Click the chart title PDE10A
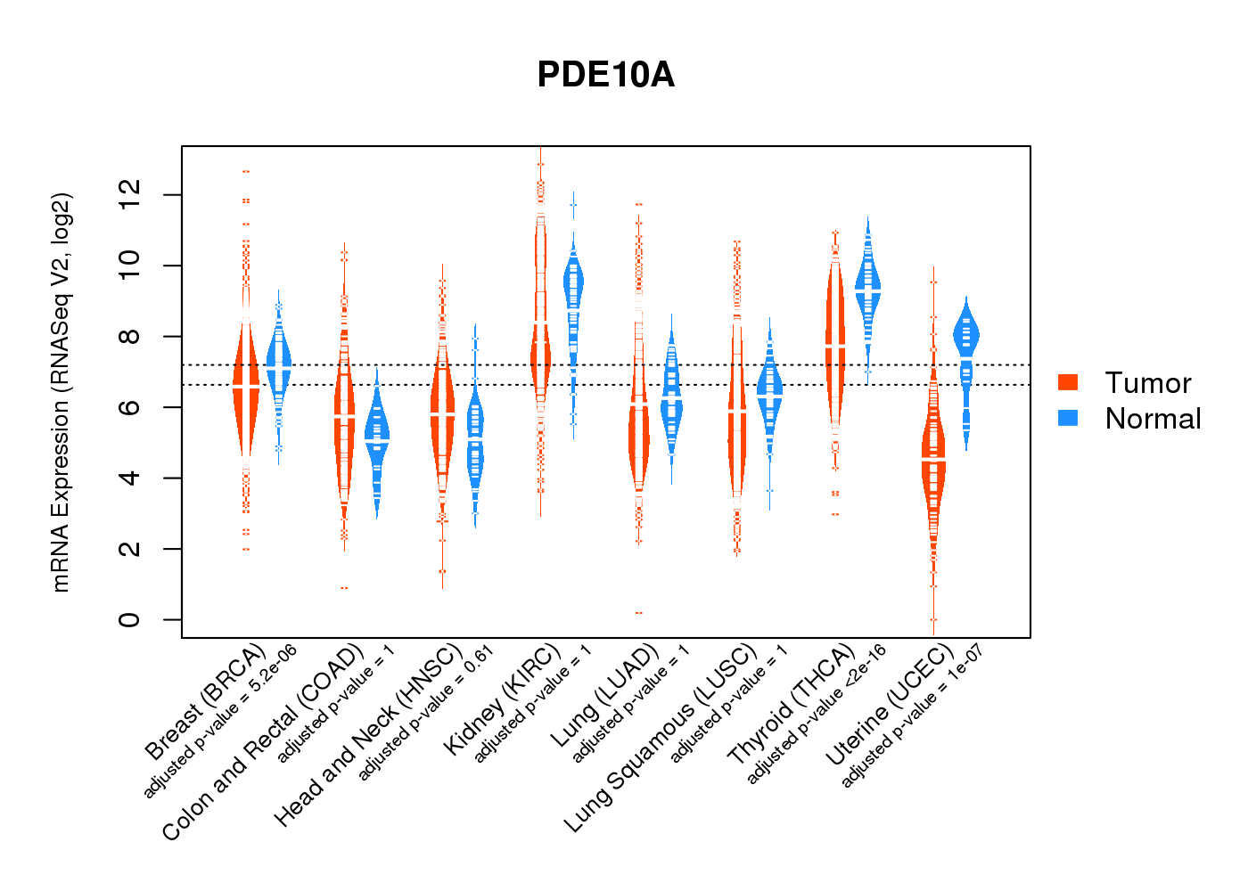point(605,75)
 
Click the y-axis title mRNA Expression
point(61,392)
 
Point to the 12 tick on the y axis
point(130,195)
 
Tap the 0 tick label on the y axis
point(130,619)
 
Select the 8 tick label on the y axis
point(130,336)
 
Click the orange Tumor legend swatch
point(1068,382)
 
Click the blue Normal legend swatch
point(1068,418)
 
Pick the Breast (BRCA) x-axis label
point(205,703)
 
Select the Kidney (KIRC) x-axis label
point(503,700)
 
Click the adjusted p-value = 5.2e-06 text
point(220,720)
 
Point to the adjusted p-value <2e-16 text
point(817,715)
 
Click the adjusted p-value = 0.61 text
point(426,715)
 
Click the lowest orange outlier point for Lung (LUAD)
point(638,613)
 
